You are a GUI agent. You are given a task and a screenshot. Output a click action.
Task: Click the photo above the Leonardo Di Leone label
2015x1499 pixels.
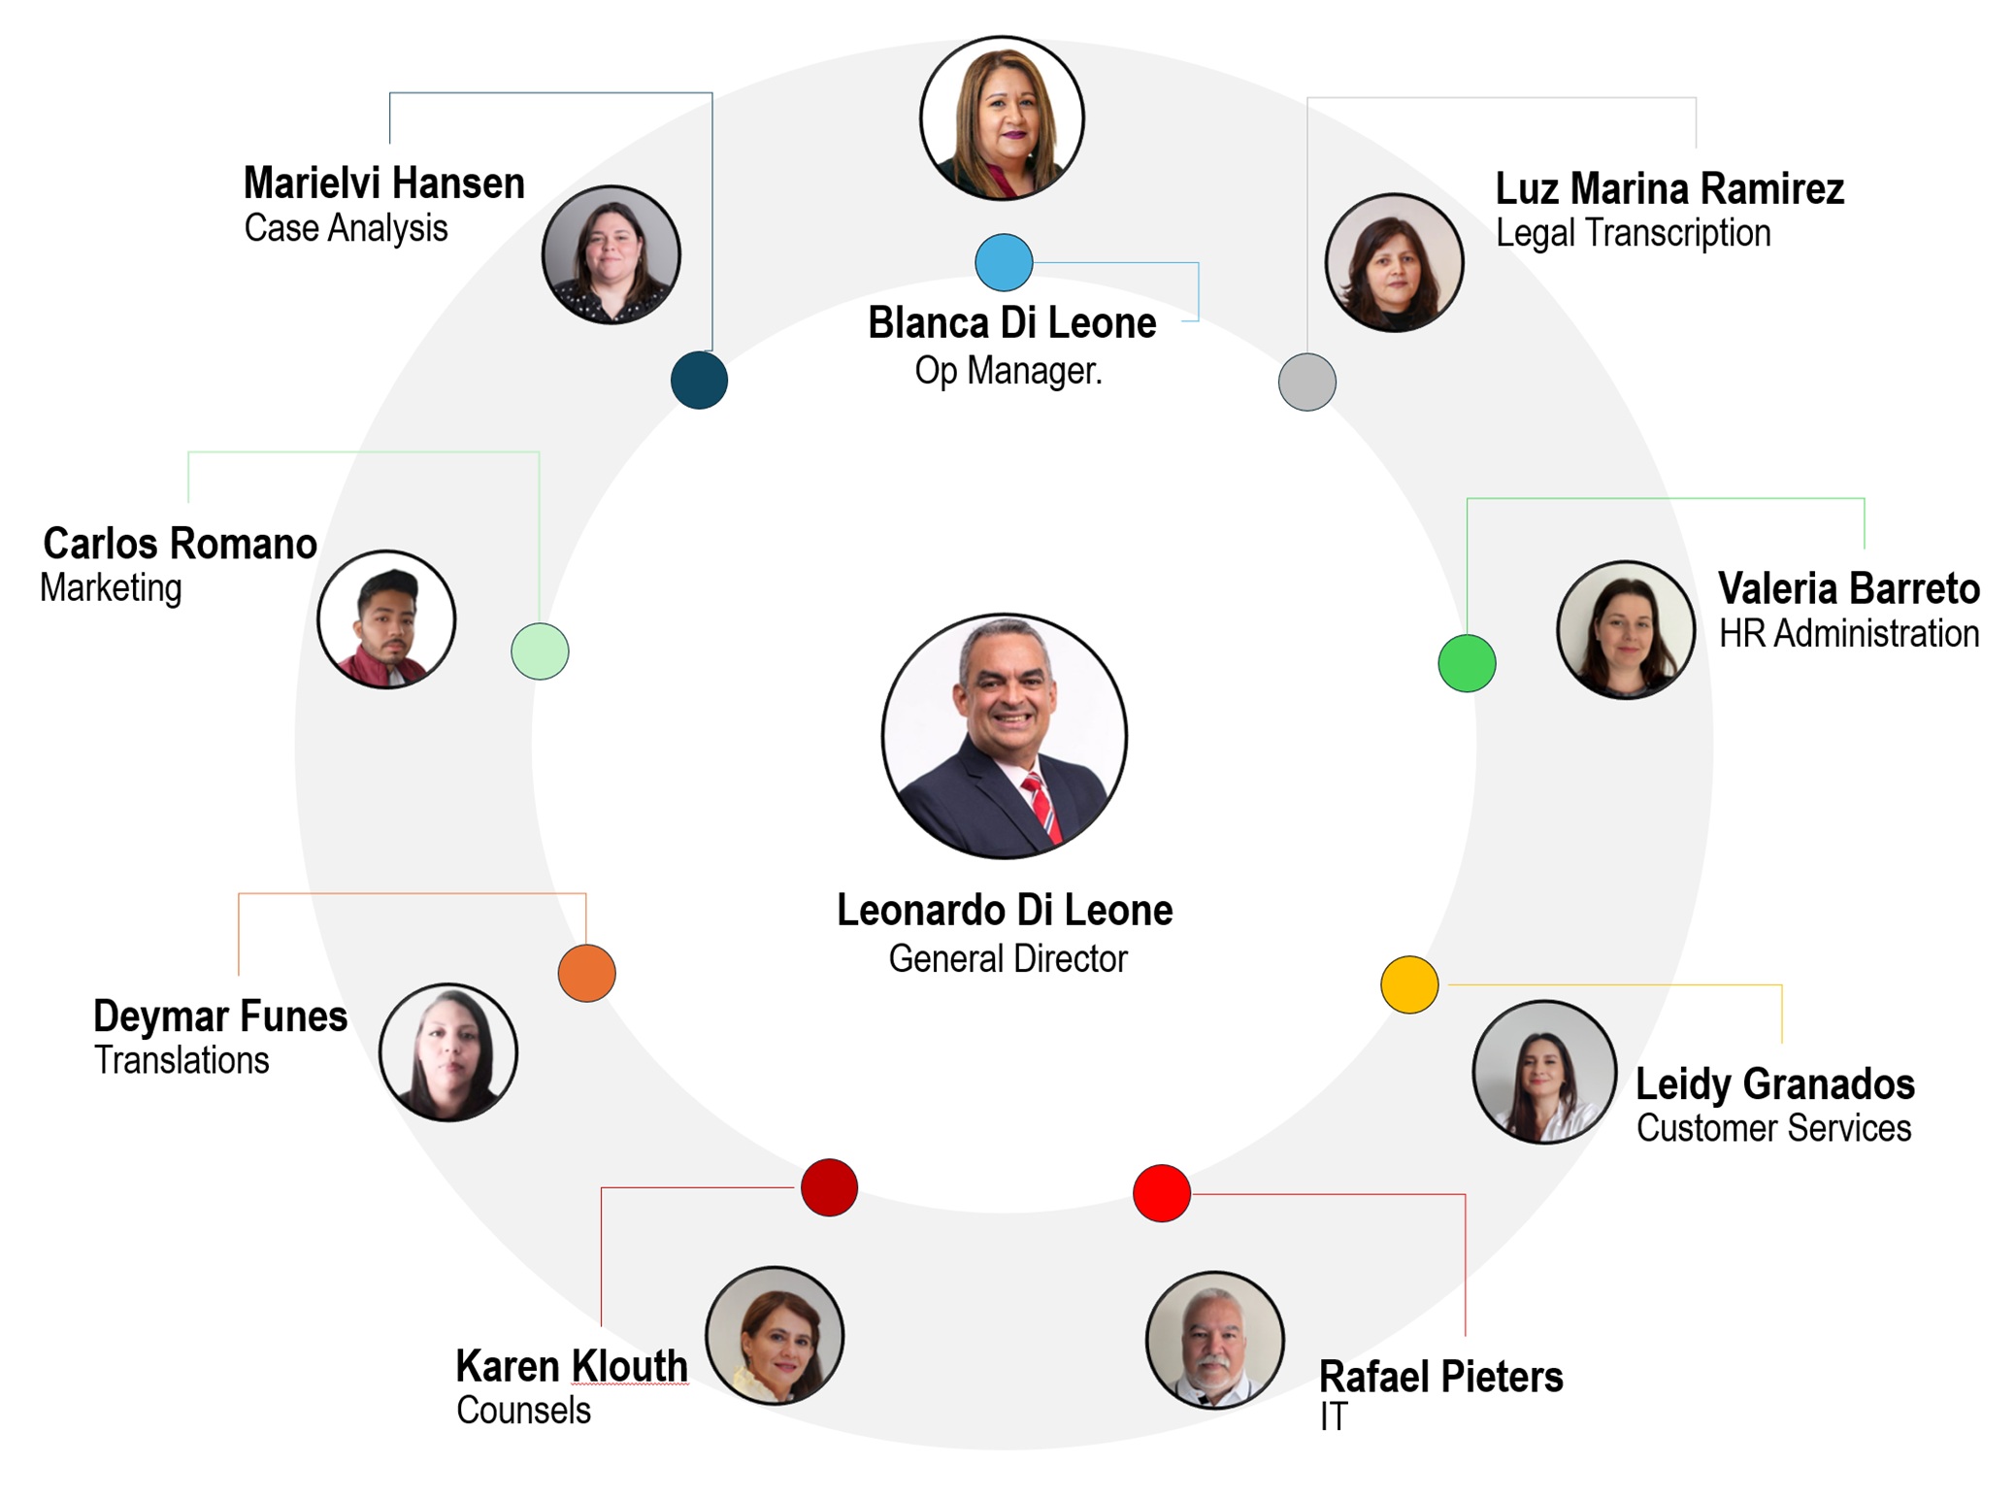(x=1004, y=735)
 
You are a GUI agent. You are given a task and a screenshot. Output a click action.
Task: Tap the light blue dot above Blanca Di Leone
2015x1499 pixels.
(x=1004, y=262)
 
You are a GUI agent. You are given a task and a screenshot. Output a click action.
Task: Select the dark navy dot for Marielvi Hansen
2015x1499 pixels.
(x=699, y=380)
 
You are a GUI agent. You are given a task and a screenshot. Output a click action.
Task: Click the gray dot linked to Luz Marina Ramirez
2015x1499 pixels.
(x=1306, y=382)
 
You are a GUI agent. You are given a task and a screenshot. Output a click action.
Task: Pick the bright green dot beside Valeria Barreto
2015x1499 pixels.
(x=1467, y=663)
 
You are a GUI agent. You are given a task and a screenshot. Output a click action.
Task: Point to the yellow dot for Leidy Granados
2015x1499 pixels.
(x=1409, y=984)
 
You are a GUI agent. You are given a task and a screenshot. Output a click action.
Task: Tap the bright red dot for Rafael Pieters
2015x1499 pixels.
(x=1162, y=1193)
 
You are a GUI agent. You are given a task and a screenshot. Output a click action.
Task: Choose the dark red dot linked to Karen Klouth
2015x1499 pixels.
(x=829, y=1186)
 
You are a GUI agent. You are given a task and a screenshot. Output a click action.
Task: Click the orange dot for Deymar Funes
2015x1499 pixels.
(x=586, y=973)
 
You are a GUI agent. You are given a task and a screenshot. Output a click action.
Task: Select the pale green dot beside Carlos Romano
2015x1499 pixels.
(x=540, y=650)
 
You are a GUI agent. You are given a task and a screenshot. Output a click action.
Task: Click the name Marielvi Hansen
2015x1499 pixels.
(x=384, y=183)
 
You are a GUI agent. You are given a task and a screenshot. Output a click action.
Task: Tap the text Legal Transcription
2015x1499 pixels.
(x=1634, y=234)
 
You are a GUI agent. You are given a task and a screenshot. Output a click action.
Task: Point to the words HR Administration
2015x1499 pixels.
(x=1849, y=633)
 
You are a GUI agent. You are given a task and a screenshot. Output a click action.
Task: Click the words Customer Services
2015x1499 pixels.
(x=1774, y=1128)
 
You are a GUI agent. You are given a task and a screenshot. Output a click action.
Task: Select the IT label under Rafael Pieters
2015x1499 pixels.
(x=1334, y=1416)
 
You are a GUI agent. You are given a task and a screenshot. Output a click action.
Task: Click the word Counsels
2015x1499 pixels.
(x=524, y=1410)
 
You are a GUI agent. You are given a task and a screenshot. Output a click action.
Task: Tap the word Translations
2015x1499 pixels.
(x=182, y=1060)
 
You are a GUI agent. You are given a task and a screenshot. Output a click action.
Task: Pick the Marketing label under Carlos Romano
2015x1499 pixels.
(x=111, y=588)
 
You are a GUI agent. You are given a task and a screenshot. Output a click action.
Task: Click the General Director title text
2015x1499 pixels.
(x=1007, y=959)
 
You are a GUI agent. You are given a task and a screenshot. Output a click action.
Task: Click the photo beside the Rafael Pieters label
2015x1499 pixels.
(x=1215, y=1341)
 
